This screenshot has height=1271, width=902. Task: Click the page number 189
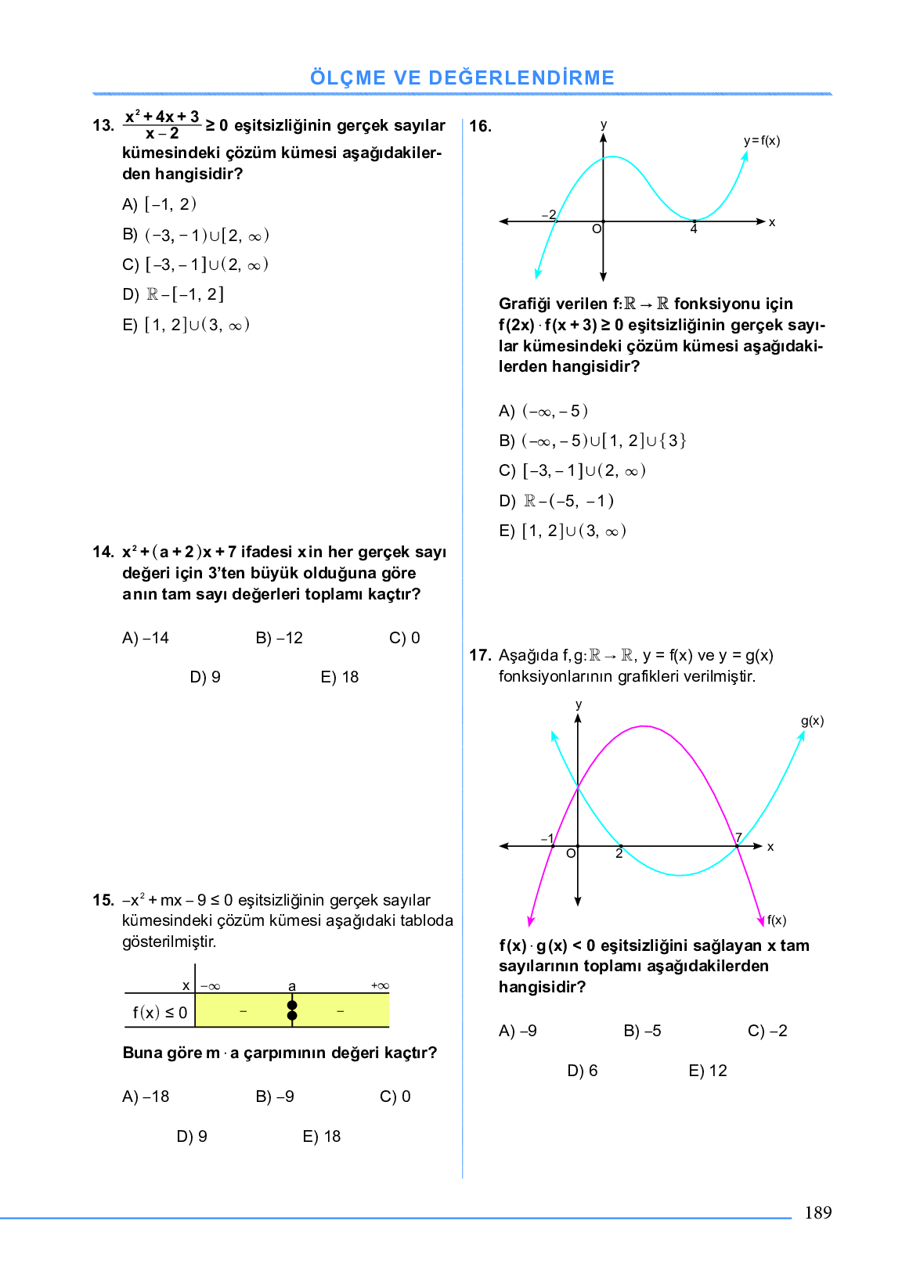[x=817, y=1212]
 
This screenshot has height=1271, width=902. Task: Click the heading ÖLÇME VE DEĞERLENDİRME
[x=462, y=78]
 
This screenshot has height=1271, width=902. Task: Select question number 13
[x=103, y=125]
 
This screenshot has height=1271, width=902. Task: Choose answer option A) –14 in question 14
[x=146, y=638]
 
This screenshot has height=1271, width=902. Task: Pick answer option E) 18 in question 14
[x=339, y=677]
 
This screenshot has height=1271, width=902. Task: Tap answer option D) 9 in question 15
[x=192, y=1136]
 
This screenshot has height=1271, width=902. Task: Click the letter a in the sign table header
[x=292, y=986]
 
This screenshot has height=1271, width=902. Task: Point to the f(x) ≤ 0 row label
[x=160, y=1013]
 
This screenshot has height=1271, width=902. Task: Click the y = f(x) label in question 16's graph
[x=761, y=141]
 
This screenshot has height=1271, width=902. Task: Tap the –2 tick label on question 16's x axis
[x=549, y=214]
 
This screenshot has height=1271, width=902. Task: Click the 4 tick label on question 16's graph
[x=694, y=229]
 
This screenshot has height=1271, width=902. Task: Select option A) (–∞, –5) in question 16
[x=543, y=411]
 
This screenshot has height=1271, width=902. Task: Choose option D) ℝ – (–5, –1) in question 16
[x=556, y=501]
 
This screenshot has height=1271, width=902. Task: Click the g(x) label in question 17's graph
[x=812, y=721]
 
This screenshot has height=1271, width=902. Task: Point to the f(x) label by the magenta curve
[x=777, y=920]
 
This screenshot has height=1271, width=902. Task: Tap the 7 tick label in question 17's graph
[x=738, y=837]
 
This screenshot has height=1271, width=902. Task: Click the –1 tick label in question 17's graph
[x=547, y=838]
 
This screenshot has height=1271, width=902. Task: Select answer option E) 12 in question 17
[x=708, y=1071]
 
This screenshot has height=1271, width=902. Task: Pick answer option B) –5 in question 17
[x=642, y=1031]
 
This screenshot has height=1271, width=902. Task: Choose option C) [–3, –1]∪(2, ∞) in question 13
[x=196, y=265]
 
